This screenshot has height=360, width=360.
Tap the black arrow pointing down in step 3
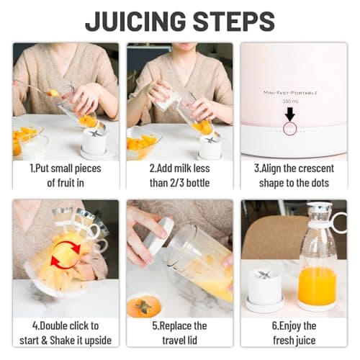[x=289, y=114]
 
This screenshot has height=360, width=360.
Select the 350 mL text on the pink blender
[x=289, y=102]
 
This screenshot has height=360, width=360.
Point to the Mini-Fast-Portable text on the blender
[x=289, y=92]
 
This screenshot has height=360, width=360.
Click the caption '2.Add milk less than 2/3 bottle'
[x=179, y=175]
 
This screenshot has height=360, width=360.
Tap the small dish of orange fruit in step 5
[x=144, y=306]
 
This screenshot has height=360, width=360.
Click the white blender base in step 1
[x=94, y=144]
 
